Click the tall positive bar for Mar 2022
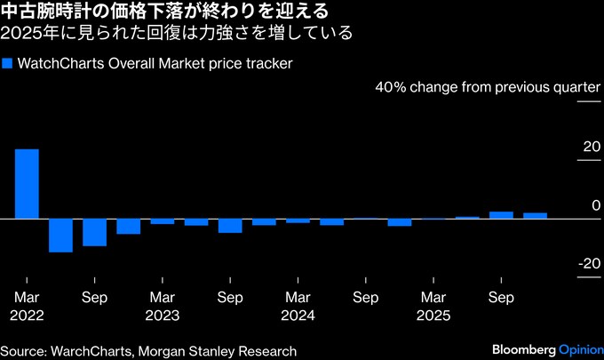tap(27, 183)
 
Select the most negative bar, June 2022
tap(60, 235)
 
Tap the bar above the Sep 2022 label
tap(94, 231)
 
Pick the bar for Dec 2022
tap(128, 226)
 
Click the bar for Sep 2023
tap(230, 225)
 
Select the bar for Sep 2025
tap(501, 214)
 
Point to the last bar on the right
tap(535, 215)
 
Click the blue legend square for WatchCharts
tap(7, 64)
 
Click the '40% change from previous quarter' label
tap(489, 88)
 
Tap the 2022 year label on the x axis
tap(27, 315)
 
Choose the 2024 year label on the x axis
tap(298, 315)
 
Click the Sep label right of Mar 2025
tap(501, 297)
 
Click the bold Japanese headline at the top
tap(168, 12)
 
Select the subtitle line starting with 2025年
tap(177, 35)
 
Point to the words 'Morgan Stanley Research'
tap(221, 350)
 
